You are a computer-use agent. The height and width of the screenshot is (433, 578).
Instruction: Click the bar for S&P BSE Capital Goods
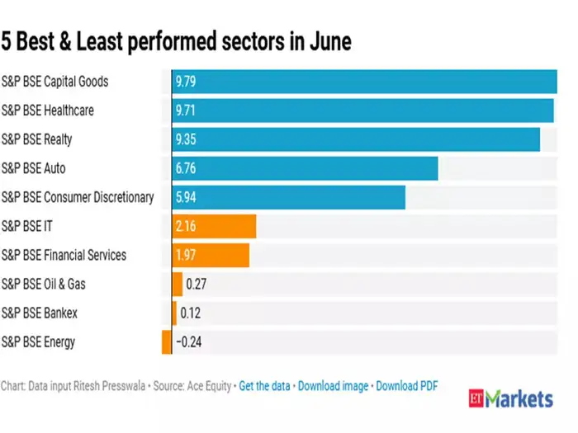[363, 82]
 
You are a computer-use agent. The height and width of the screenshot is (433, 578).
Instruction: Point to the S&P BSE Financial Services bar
[210, 255]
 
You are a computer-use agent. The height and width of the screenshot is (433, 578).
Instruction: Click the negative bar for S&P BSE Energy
[167, 341]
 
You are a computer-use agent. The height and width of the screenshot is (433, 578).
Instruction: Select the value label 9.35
[186, 139]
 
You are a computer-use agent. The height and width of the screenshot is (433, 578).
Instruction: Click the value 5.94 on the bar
[186, 197]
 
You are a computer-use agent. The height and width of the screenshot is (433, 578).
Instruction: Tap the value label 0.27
[197, 284]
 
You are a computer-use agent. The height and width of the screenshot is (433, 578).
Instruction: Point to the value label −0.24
[191, 341]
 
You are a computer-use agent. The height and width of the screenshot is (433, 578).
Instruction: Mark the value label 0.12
[191, 313]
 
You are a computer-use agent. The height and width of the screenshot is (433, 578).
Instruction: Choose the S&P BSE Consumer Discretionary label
[78, 197]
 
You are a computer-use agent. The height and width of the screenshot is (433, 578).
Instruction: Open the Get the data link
[265, 385]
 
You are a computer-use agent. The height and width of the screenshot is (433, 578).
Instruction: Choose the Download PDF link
[407, 385]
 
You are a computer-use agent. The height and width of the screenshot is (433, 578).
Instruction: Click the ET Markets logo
[510, 399]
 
